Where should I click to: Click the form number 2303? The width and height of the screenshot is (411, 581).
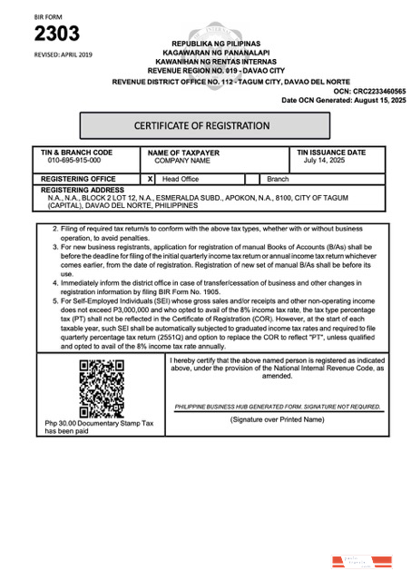point(56,34)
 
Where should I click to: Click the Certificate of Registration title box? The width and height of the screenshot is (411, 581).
point(201,125)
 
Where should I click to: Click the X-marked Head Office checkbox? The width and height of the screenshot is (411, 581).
point(151,180)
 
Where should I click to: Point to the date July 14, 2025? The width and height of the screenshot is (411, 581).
point(326,161)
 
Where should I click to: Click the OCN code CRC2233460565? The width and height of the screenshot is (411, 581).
point(369,92)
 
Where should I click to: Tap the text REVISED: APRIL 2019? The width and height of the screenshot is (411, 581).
point(64,54)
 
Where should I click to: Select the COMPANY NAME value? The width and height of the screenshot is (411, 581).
point(182,161)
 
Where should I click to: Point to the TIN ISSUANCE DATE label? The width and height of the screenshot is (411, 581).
point(331,153)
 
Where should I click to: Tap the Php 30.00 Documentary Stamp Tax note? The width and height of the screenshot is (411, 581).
point(100,428)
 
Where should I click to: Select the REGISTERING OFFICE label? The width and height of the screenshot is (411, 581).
point(79,180)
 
